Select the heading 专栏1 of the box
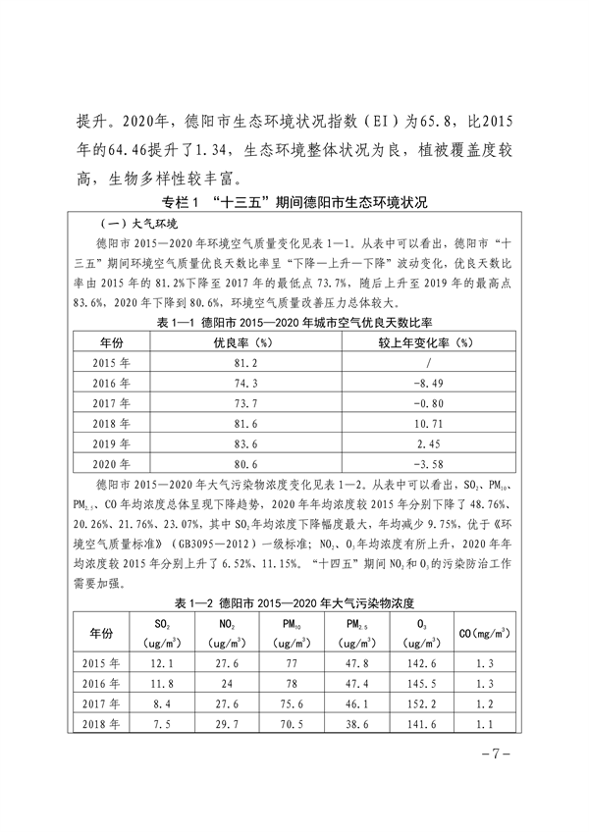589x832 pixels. point(294,203)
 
